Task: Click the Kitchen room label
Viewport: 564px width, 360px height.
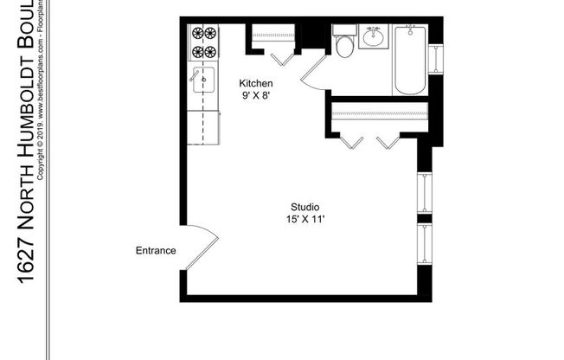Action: (x=256, y=83)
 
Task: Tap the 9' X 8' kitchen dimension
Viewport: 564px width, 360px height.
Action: (x=256, y=95)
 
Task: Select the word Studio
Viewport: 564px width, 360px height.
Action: (x=306, y=207)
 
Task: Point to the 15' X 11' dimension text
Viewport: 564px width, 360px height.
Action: (x=306, y=220)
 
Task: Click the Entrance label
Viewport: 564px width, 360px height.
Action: (x=156, y=251)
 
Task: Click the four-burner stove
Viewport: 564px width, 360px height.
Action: (x=204, y=42)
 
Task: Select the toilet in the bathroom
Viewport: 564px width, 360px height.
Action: (x=344, y=44)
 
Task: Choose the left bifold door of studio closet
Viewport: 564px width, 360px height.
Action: (x=351, y=141)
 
